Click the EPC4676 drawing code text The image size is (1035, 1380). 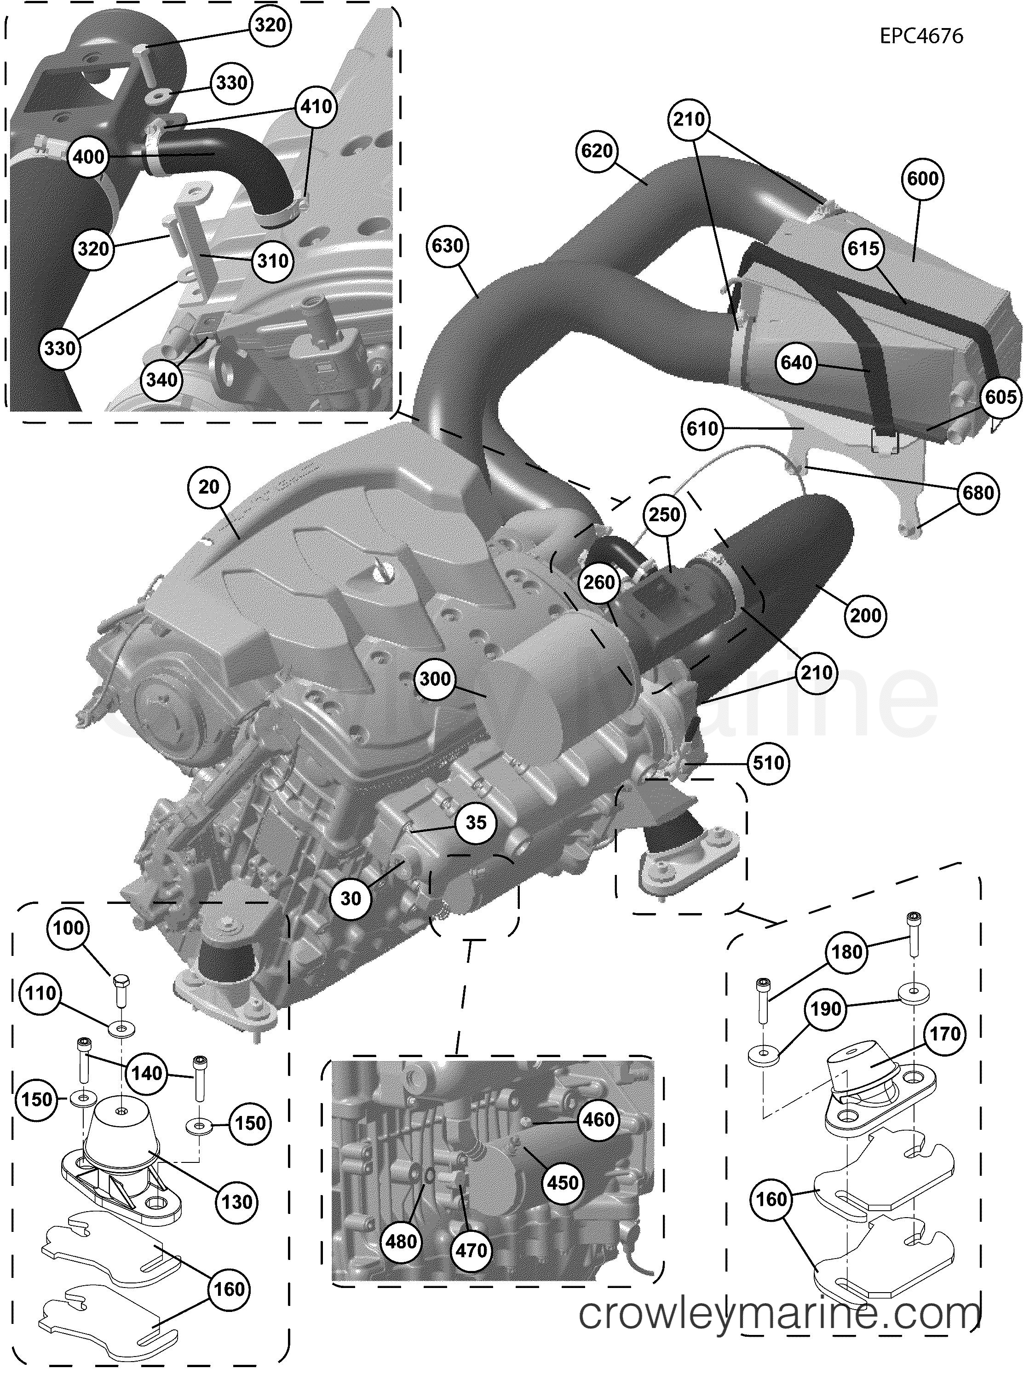pos(921,36)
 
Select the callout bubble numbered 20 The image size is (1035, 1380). pos(209,486)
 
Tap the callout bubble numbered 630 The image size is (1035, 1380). pos(448,246)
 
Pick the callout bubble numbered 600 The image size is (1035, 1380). pos(923,179)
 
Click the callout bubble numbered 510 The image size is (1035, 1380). pos(768,762)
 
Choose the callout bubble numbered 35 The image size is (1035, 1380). pos(475,823)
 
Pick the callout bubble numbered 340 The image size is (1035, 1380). pos(161,379)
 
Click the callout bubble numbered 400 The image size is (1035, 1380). pos(89,156)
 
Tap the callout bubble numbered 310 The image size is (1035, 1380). pos(273,260)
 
